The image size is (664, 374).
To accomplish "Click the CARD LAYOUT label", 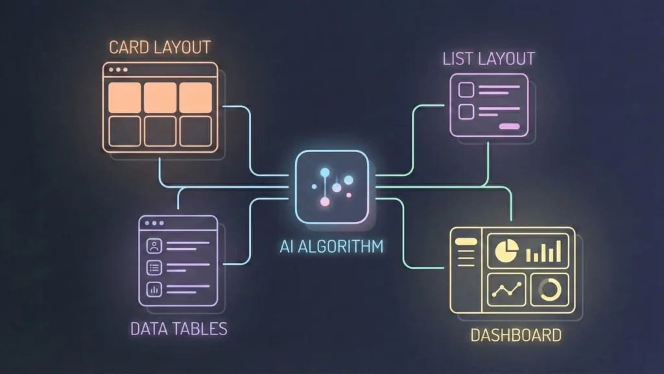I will click(159, 47).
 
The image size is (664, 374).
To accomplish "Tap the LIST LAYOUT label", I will click(488, 58).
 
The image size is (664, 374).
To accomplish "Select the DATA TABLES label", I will click(179, 329).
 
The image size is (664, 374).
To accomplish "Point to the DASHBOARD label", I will click(515, 336).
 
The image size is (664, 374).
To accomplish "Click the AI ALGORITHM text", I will click(331, 247).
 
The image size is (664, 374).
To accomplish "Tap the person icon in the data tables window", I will click(154, 246).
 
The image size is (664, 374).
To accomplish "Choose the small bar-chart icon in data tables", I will click(154, 290).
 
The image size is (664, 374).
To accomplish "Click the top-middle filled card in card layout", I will click(160, 97).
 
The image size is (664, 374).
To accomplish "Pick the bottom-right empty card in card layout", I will click(196, 131).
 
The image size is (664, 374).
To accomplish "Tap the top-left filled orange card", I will click(124, 97).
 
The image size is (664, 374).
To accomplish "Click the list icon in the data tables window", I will click(154, 268).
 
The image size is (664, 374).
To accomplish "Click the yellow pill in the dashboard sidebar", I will click(466, 242).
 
